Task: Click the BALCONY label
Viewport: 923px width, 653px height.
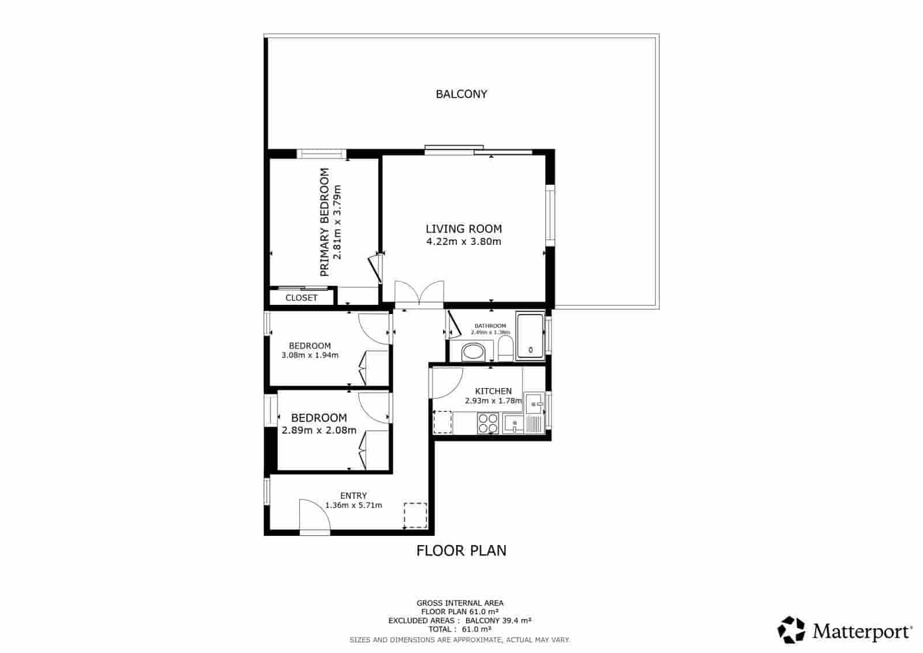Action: click(x=461, y=94)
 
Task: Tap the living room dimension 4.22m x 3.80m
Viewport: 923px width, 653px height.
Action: click(x=463, y=242)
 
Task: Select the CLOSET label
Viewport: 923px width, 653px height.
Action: click(x=301, y=298)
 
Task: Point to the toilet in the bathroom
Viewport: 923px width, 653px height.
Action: click(x=505, y=348)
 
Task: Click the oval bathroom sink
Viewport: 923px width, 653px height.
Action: click(x=474, y=352)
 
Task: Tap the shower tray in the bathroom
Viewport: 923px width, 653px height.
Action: click(x=530, y=337)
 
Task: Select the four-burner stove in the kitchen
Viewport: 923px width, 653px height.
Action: click(x=488, y=423)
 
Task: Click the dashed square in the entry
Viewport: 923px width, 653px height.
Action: click(x=415, y=515)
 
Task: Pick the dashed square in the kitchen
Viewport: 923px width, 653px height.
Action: click(x=443, y=422)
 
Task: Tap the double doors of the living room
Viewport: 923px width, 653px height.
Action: click(x=419, y=292)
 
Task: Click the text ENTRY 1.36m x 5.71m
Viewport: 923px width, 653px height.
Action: click(x=354, y=501)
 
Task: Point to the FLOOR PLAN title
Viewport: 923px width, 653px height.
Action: click(x=461, y=550)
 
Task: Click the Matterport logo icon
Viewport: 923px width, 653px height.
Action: click(x=791, y=630)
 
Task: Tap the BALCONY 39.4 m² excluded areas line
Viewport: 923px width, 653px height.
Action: click(x=460, y=621)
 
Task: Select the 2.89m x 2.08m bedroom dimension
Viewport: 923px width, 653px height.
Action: click(x=319, y=430)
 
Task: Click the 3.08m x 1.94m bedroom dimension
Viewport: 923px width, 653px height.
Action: click(x=310, y=355)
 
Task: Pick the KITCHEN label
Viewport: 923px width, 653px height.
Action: click(x=493, y=391)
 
